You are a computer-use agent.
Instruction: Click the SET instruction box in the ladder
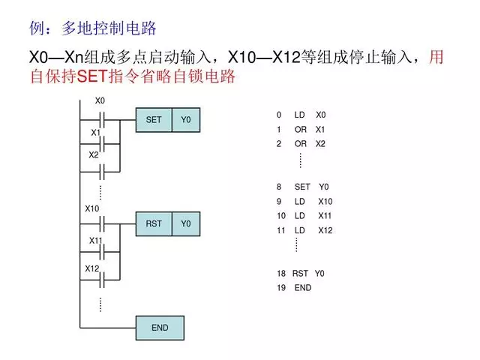click(154, 120)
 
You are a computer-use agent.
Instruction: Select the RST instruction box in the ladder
click(154, 224)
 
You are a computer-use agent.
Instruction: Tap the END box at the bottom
click(160, 328)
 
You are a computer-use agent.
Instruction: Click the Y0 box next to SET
click(186, 120)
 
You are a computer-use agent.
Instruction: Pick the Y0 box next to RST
click(186, 224)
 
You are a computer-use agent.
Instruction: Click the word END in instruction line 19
click(303, 288)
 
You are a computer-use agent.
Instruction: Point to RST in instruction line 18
click(300, 274)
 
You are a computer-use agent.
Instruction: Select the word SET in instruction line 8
click(302, 187)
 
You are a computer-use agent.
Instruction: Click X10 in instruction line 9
click(325, 202)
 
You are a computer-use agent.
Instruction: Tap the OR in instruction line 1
click(300, 129)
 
